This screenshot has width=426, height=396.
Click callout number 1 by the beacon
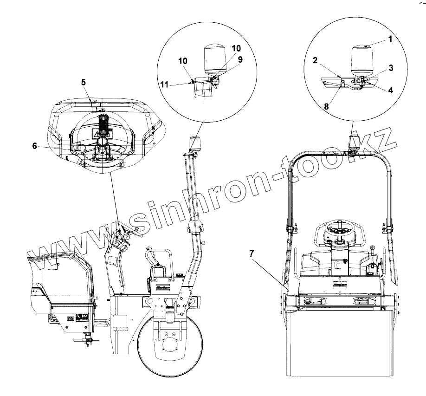pos(390,39)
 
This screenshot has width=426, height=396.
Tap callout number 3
pos(391,68)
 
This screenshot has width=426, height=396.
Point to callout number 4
pos(391,90)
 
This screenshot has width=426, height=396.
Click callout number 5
pos(84,82)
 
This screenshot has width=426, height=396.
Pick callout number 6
pos(34,145)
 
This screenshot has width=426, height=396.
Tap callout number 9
pos(240,59)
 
